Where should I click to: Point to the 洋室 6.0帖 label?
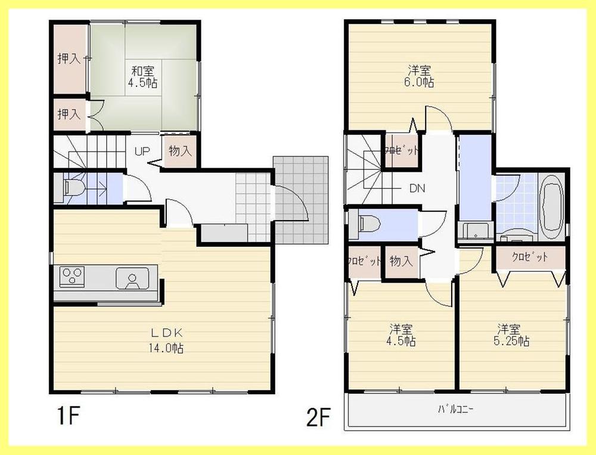[420, 76]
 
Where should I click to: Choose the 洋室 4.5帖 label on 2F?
[402, 335]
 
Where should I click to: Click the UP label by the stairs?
[142, 151]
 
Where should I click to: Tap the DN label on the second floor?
[417, 188]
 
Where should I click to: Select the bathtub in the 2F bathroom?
[551, 205]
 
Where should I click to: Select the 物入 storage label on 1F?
[179, 151]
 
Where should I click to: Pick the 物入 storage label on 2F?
[401, 261]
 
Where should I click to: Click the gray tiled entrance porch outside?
[301, 200]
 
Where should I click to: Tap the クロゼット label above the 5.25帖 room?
[529, 258]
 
